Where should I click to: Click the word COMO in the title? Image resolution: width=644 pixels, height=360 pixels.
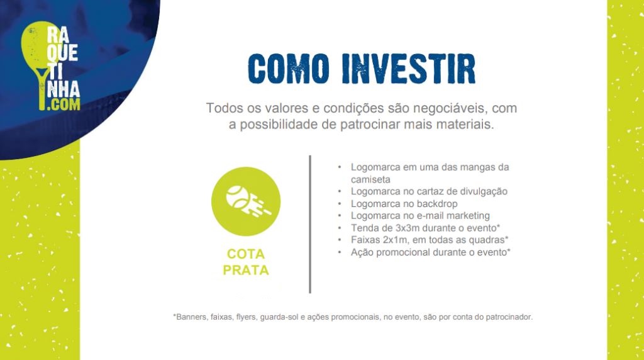289,69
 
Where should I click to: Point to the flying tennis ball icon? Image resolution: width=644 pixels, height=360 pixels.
246,201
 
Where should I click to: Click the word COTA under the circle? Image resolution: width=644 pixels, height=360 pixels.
246,254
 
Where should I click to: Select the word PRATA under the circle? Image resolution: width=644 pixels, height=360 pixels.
246,270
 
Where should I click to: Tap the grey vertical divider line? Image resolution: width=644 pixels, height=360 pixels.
310,225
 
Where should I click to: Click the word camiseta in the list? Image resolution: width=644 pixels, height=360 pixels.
370,179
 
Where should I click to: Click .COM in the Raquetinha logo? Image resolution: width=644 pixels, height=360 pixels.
64,104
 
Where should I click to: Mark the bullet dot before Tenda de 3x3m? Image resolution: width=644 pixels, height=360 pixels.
340,228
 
